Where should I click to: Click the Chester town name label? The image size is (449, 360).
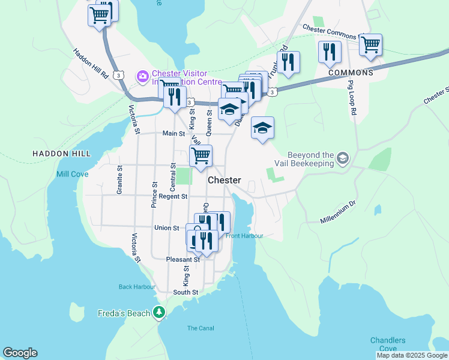pos(224,180)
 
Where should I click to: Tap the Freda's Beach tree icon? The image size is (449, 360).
pos(159,312)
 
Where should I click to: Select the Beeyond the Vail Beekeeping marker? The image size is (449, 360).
pos(343,158)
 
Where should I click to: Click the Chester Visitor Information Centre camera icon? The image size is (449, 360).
pos(143,76)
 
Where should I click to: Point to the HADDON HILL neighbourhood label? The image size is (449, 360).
pos(61,154)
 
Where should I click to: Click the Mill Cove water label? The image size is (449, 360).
pos(72,174)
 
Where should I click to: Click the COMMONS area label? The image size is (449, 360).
pos(351,73)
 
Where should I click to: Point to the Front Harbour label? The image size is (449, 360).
pos(245,236)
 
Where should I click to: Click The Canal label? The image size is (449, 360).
pos(200,328)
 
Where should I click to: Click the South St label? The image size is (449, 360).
pos(185,292)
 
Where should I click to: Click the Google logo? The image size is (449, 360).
pos(20,353)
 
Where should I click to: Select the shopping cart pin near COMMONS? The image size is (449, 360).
pos(371,44)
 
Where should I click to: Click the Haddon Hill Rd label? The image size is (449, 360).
pos(91,64)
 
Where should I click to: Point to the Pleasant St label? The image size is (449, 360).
pos(182,260)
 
